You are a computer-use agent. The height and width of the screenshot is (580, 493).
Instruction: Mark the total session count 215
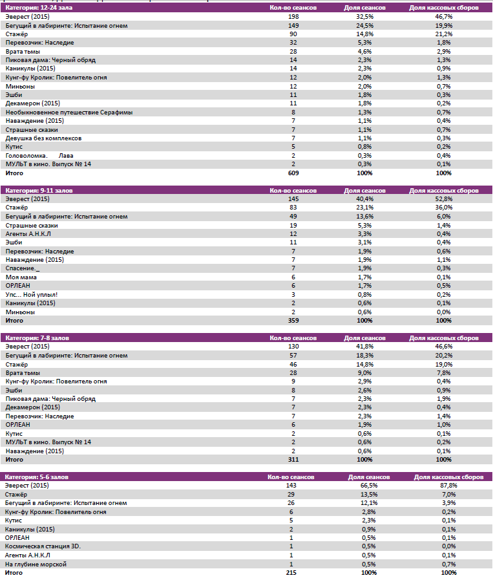pyautogui.click(x=293, y=573)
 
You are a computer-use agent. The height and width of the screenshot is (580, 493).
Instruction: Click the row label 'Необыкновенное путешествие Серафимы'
pyautogui.click(x=69, y=112)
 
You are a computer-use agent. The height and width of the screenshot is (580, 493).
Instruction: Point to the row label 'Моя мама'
pyautogui.click(x=21, y=277)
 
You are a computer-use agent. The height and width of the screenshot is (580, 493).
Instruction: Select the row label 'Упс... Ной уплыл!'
pyautogui.click(x=32, y=294)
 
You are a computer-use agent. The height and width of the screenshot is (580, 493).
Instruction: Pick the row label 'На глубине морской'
pyautogui.click(x=36, y=564)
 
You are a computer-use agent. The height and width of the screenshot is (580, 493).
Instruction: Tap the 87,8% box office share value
pyautogui.click(x=448, y=486)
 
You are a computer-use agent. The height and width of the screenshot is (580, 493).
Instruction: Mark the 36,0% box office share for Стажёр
pyautogui.click(x=443, y=208)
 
